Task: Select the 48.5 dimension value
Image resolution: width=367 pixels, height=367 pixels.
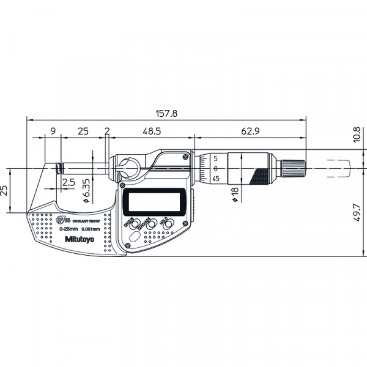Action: pyautogui.click(x=152, y=132)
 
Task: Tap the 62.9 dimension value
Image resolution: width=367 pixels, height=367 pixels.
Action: pyautogui.click(x=249, y=132)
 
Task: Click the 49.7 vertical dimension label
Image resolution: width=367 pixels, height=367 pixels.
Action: pyautogui.click(x=357, y=214)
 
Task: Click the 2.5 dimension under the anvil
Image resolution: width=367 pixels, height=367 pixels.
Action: pyautogui.click(x=68, y=182)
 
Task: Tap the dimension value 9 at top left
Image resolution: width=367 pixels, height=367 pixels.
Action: pyautogui.click(x=53, y=132)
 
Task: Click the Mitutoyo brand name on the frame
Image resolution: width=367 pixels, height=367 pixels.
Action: pyautogui.click(x=77, y=239)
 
